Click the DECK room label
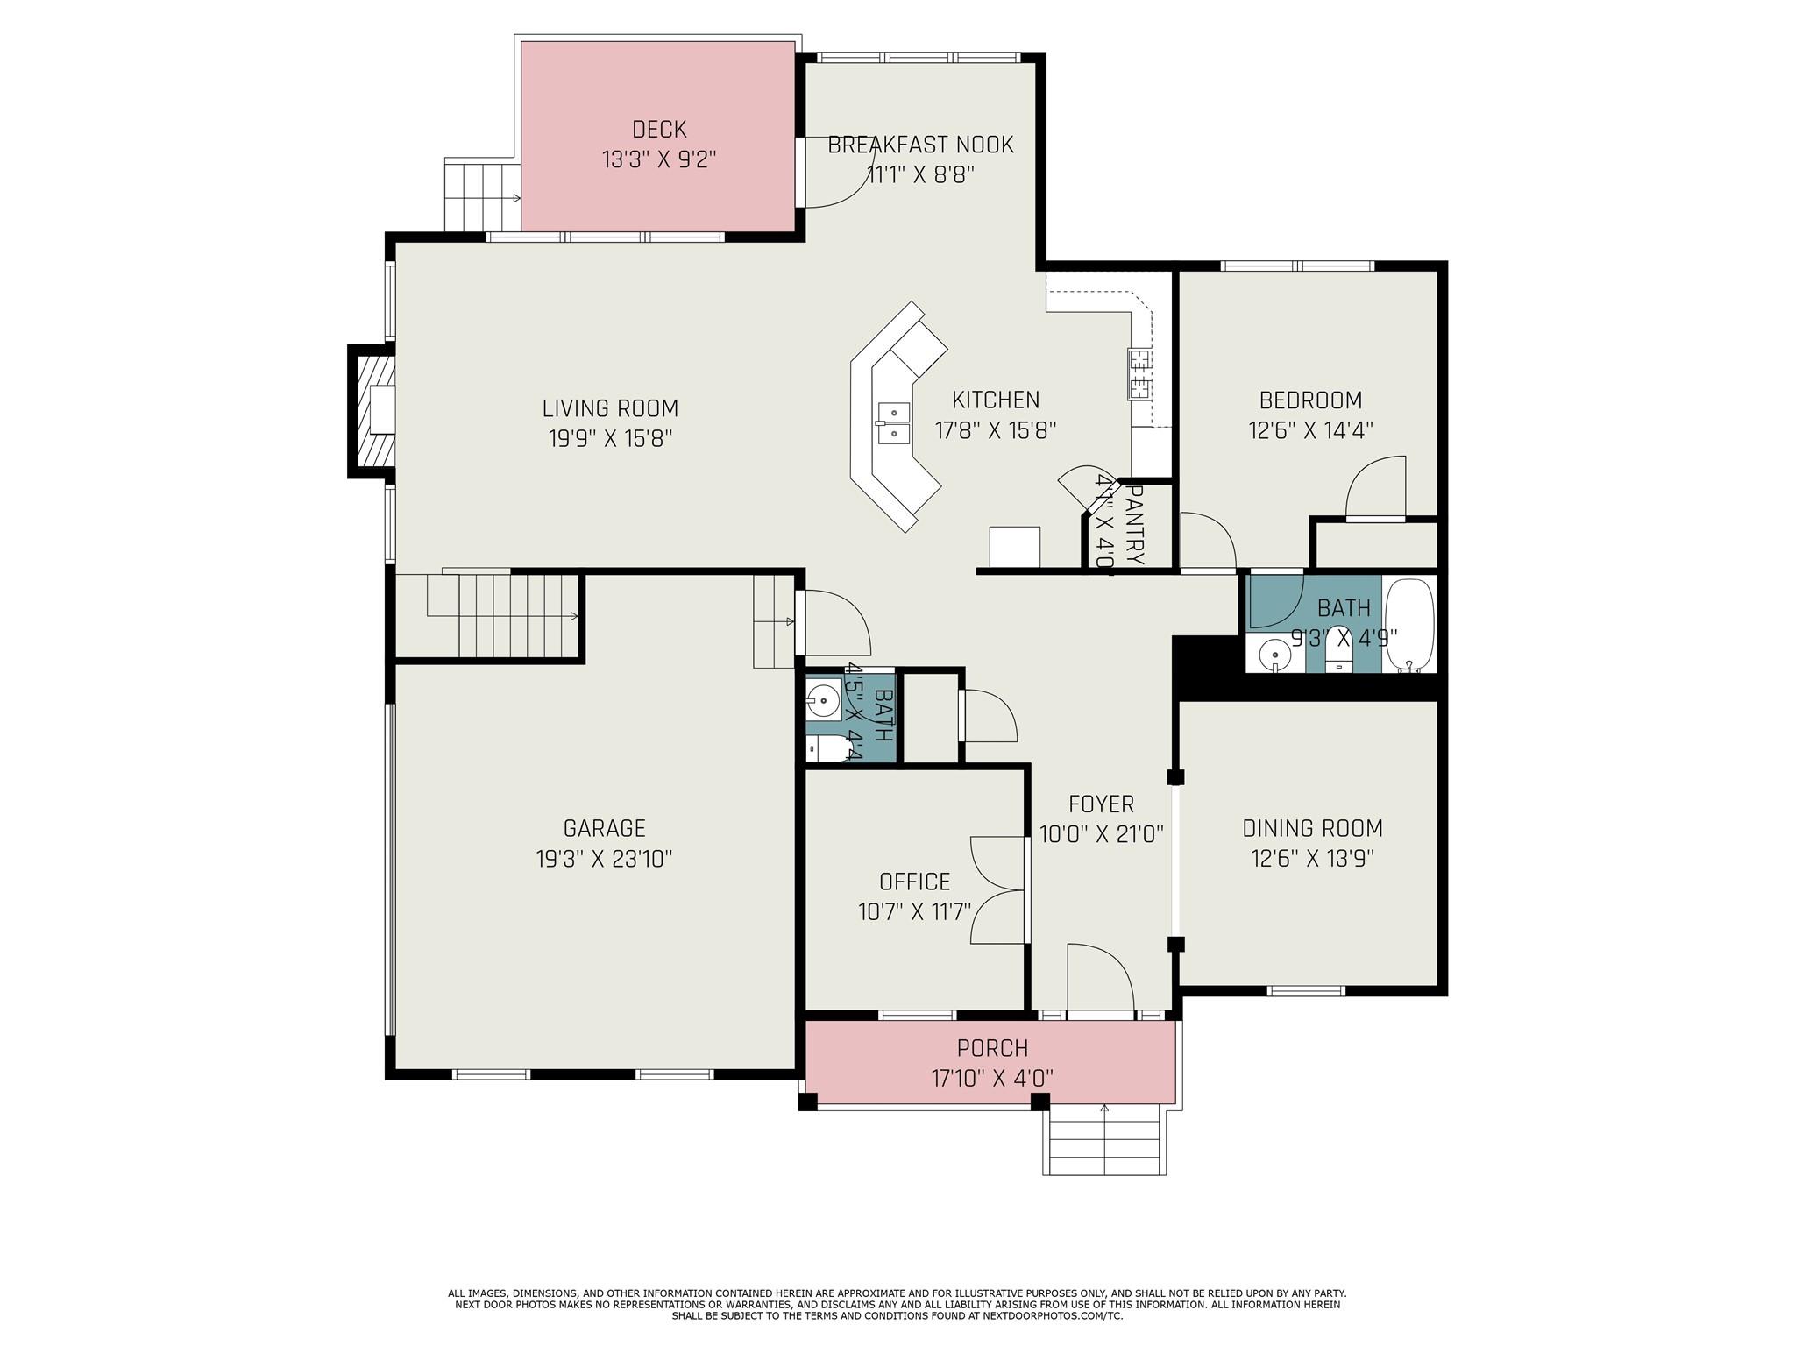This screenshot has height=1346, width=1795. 659,130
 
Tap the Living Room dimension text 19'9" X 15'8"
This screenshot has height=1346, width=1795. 610,438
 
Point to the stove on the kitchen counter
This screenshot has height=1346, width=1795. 1139,374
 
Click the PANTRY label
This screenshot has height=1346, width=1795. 1134,526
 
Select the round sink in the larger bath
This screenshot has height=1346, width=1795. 1273,654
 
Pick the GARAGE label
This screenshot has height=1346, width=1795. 604,828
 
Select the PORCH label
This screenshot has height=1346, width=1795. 992,1048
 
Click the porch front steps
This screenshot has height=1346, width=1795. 1104,1139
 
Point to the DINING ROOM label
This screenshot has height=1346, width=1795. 1312,828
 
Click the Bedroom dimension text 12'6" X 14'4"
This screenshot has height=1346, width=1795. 1310,430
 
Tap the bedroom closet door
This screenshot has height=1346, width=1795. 1376,489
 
